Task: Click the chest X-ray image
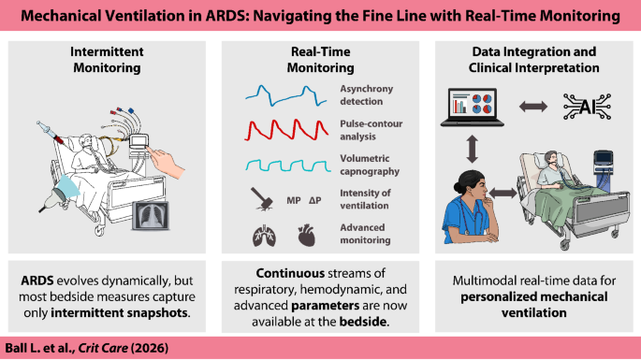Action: pyautogui.click(x=150, y=215)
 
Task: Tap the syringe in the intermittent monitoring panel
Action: pyautogui.click(x=51, y=133)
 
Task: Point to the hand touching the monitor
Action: pyautogui.click(x=166, y=163)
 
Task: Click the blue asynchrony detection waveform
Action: pyautogui.click(x=286, y=95)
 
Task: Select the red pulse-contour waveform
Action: pyautogui.click(x=286, y=130)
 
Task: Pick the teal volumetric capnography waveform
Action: pyautogui.click(x=288, y=166)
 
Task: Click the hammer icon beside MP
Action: pyautogui.click(x=262, y=198)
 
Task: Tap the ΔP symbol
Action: pyautogui.click(x=314, y=200)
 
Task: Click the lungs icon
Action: pyautogui.click(x=264, y=236)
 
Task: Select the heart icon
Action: pyautogui.click(x=307, y=236)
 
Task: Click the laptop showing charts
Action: pyautogui.click(x=473, y=107)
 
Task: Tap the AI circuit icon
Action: pyautogui.click(x=587, y=107)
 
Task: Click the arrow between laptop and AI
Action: pyautogui.click(x=533, y=107)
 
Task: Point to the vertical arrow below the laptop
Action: pyautogui.click(x=473, y=150)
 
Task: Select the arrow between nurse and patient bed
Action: pyautogui.click(x=503, y=193)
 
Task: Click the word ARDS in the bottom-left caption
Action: pyautogui.click(x=37, y=281)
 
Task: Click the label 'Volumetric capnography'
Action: pyautogui.click(x=370, y=165)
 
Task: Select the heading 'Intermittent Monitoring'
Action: pyautogui.click(x=107, y=60)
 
